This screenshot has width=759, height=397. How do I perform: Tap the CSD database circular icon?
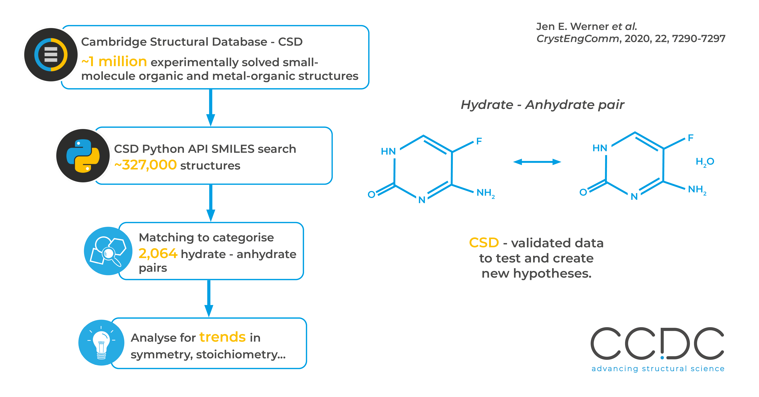pyautogui.click(x=51, y=55)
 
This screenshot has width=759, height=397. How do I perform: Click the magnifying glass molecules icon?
pyautogui.click(x=108, y=251)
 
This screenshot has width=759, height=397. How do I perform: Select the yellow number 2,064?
pyautogui.click(x=158, y=254)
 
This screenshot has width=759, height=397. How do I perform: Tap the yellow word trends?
pyautogui.click(x=222, y=337)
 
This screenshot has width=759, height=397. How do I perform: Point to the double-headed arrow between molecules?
pyautogui.click(x=537, y=162)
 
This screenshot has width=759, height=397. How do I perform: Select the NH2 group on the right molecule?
pyautogui.click(x=697, y=190)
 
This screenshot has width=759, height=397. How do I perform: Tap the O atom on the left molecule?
pyautogui.click(x=371, y=194)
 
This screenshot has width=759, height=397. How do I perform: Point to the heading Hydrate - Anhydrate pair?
pyautogui.click(x=542, y=105)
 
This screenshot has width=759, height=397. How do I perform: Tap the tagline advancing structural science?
pyautogui.click(x=658, y=369)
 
